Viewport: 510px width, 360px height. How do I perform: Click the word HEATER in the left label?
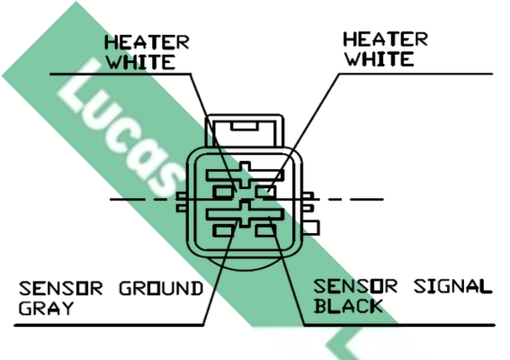tap(147, 42)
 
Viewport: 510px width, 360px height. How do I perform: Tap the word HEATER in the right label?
tap(386, 40)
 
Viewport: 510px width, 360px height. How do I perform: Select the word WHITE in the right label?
tap(380, 58)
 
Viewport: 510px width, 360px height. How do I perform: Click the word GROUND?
tap(161, 288)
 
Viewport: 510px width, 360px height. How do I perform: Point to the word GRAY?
tap(46, 308)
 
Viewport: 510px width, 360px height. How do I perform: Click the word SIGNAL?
tap(452, 286)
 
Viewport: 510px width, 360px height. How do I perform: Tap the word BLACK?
tap(348, 306)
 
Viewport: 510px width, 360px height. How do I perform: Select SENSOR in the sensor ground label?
tap(60, 288)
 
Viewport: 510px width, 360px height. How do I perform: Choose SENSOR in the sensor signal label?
tap(355, 286)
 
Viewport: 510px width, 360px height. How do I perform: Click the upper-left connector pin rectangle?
tap(223, 192)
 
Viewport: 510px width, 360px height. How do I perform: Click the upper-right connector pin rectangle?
tap(265, 192)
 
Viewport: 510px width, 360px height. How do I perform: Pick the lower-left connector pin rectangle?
tap(223, 230)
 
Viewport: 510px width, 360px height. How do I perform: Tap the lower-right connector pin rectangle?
tap(265, 230)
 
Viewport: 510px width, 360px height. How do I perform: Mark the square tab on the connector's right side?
tap(311, 228)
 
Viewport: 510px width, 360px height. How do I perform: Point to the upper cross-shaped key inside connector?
tap(246, 175)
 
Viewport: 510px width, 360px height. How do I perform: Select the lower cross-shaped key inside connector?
tap(246, 213)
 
